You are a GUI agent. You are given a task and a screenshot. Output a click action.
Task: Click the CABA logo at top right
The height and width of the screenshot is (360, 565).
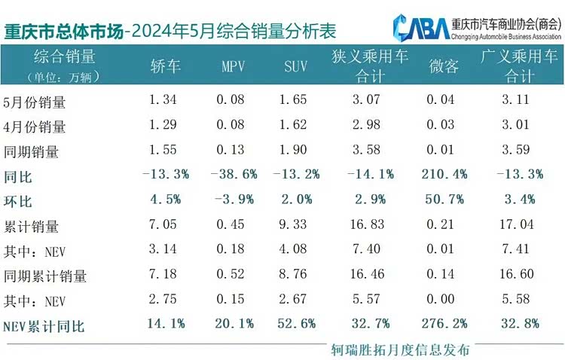point(421,27)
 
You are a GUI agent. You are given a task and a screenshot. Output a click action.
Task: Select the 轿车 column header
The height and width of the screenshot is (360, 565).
point(166,66)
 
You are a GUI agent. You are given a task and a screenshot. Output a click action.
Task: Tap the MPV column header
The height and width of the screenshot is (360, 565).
point(233,66)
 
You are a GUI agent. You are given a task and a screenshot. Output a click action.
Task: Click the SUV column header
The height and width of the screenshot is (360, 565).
point(295,66)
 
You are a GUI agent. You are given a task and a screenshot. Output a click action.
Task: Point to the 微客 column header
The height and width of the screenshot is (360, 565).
point(444,66)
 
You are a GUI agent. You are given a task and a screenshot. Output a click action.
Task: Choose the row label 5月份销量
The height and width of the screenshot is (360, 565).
point(34,102)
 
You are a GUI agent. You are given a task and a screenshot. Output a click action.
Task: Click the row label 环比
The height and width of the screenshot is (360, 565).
point(17,201)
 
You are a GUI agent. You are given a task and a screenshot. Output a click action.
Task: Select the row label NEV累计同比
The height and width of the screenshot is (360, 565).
point(44,326)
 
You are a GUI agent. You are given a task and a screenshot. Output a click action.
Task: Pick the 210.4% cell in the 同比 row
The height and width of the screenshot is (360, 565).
point(444,175)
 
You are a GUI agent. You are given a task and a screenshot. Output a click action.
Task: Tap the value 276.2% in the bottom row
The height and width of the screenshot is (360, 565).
point(444,323)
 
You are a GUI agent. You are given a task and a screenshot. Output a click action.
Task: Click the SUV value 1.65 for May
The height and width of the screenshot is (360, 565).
point(293,99)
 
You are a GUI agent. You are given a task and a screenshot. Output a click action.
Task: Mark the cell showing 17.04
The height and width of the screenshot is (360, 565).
point(516,224)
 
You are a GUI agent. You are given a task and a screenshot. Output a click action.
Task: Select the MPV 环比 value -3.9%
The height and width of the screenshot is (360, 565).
point(234,200)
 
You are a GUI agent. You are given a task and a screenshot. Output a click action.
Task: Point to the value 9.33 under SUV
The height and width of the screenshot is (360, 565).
point(292,224)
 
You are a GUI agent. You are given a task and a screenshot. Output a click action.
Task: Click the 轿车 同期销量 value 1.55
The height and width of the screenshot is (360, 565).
point(163,150)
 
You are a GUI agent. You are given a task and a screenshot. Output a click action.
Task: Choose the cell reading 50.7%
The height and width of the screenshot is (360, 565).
point(444,200)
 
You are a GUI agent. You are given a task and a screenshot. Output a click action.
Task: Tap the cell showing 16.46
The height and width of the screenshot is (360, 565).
point(367,274)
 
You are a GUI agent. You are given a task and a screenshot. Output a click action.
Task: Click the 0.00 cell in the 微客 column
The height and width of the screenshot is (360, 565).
point(441,299)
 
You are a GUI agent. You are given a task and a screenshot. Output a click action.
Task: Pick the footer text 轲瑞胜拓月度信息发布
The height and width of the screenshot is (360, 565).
point(400,349)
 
